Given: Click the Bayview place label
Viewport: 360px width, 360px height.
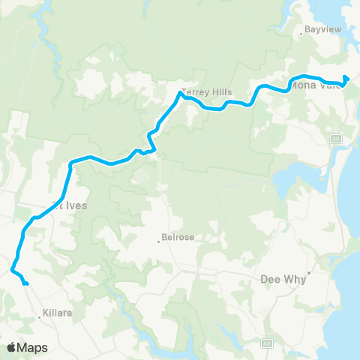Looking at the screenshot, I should pyautogui.click(x=315, y=32).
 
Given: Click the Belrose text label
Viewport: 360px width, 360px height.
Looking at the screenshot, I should pyautogui.click(x=178, y=238).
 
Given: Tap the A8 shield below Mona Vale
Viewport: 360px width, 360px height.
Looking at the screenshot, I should pyautogui.click(x=337, y=138).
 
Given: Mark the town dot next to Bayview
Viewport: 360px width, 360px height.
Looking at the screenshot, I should pyautogui.click(x=301, y=32).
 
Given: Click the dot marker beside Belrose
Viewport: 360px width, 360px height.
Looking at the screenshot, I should pyautogui.click(x=159, y=241).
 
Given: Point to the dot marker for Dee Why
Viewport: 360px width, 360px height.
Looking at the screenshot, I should pyautogui.click(x=307, y=272).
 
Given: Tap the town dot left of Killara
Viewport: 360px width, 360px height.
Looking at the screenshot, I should pyautogui.click(x=40, y=317).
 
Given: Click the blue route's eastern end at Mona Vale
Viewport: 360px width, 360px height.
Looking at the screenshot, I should pyautogui.click(x=346, y=78).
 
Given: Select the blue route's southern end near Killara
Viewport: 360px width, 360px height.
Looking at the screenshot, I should pyautogui.click(x=26, y=283).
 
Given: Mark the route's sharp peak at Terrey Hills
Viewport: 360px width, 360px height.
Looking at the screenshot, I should pyautogui.click(x=181, y=93).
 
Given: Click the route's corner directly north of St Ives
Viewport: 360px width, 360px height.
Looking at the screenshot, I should pyautogui.click(x=70, y=162).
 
